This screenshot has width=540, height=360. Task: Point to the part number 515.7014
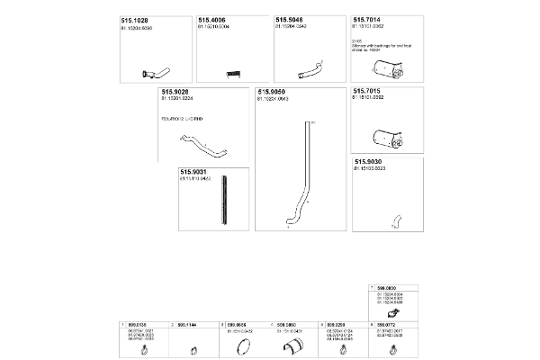[x=367, y=19]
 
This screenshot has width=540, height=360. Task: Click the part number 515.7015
[x=367, y=92]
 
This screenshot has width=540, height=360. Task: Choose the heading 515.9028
[x=175, y=92]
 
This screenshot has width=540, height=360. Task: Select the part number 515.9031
[x=193, y=171]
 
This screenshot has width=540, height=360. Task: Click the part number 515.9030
[x=368, y=161]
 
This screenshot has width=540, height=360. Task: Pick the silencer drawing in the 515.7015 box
[x=386, y=137]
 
